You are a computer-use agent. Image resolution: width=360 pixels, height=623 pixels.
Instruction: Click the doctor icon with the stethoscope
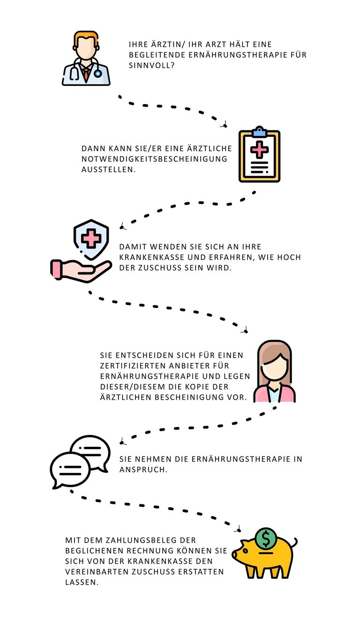tap(86, 59)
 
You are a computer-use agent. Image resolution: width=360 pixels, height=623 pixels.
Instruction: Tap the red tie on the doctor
tap(86, 74)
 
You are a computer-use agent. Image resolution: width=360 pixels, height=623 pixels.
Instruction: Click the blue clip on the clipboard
tap(259, 132)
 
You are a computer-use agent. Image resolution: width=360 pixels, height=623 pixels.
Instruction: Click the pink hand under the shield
tap(80, 271)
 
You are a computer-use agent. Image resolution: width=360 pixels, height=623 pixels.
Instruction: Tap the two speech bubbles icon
tap(80, 462)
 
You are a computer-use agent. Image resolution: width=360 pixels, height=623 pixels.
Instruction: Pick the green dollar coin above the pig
tap(266, 539)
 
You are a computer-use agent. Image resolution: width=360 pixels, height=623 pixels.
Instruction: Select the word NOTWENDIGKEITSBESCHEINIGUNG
tap(154, 159)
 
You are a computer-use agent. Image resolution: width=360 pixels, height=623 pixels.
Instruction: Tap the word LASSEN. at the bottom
tap(82, 582)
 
